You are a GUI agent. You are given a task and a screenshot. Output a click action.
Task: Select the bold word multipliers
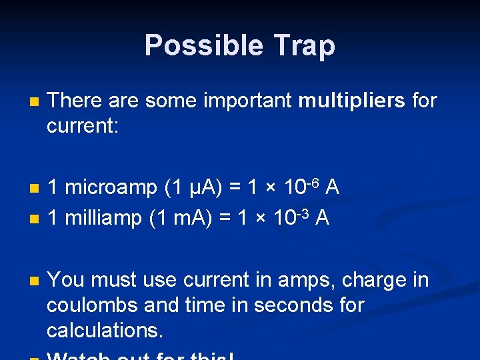(352, 101)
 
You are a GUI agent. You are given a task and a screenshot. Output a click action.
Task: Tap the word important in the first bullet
(250, 101)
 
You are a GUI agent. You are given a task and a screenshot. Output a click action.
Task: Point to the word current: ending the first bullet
(82, 125)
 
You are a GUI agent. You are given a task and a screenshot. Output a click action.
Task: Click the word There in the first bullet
(74, 101)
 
